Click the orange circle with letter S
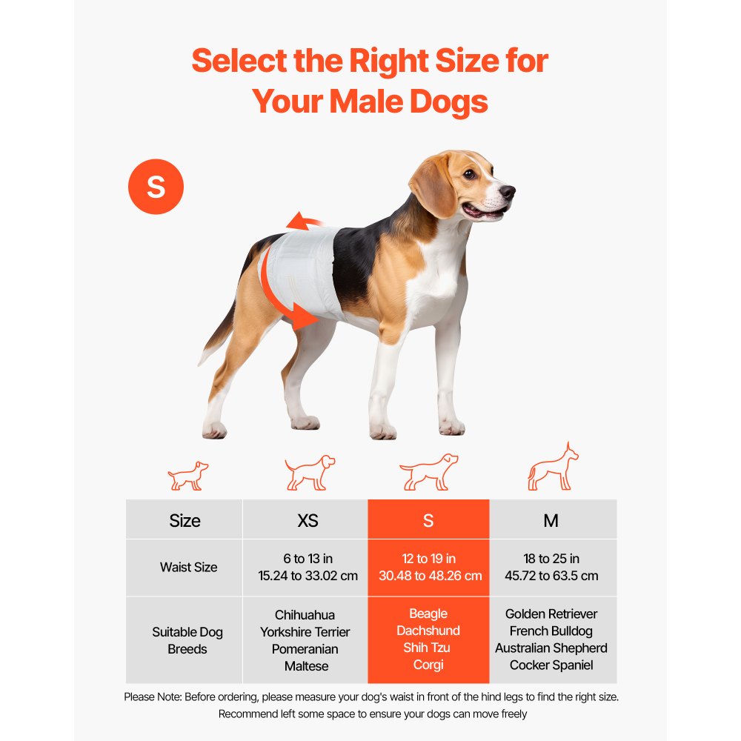156,187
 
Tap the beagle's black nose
508,192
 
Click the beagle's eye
468,174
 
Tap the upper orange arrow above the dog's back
304,222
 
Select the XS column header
307,520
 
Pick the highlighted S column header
428,520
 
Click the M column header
551,520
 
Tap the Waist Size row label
188,568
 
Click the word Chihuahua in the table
305,615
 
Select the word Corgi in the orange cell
428,665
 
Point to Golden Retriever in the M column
551,614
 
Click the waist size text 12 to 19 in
428,559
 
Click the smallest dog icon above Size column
187,476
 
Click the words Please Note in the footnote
152,697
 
